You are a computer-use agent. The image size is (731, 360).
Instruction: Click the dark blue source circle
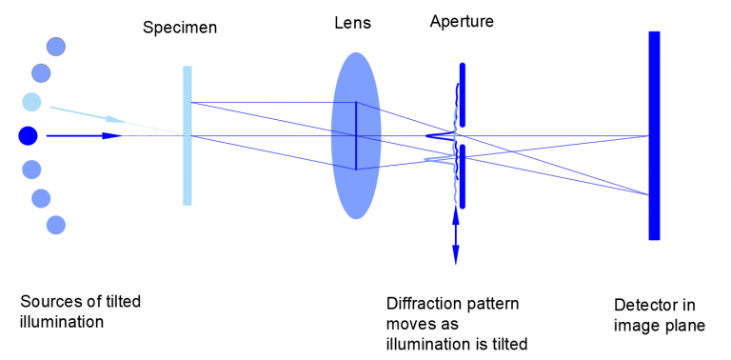pyautogui.click(x=28, y=136)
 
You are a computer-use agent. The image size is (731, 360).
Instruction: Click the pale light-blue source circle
pyautogui.click(x=32, y=103)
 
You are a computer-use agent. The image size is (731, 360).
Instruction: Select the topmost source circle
pyautogui.click(x=56, y=46)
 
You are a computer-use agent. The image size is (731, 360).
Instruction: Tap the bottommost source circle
pyautogui.click(x=56, y=225)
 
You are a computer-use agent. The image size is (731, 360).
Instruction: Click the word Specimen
pyautogui.click(x=180, y=28)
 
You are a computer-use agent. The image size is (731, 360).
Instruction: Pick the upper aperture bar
pyautogui.click(x=463, y=94)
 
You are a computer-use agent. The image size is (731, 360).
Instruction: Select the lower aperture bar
pyautogui.click(x=463, y=176)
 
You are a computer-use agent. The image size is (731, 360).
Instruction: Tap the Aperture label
pyautogui.click(x=462, y=20)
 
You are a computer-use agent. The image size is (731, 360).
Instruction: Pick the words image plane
pyautogui.click(x=660, y=325)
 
